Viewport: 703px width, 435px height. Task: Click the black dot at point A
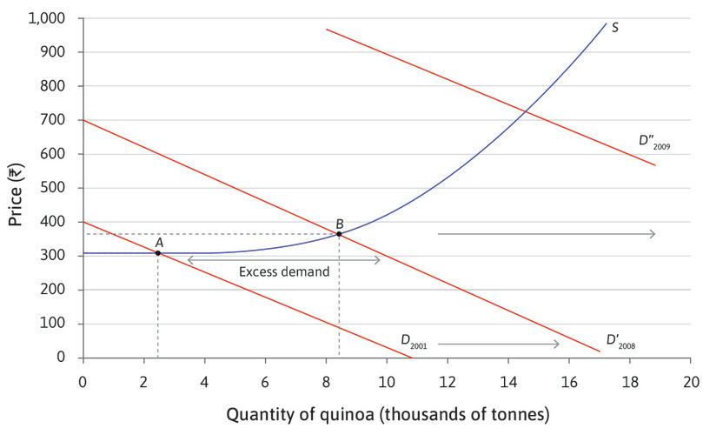[x=157, y=253]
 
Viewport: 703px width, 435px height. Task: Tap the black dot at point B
[x=339, y=234]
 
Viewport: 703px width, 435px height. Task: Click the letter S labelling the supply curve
[x=614, y=28]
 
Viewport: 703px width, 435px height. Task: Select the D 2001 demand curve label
[x=413, y=340]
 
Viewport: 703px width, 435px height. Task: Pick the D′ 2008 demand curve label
[x=620, y=341]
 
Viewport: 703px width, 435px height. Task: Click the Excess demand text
[x=284, y=272]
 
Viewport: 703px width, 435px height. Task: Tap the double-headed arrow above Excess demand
[x=284, y=259]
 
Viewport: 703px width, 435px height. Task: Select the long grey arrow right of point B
[x=546, y=234]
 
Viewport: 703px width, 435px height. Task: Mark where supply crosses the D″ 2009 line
[x=525, y=110]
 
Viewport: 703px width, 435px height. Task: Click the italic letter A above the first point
[x=158, y=241]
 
